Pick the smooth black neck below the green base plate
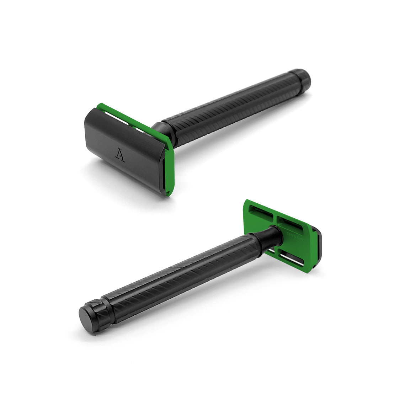(268, 236)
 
